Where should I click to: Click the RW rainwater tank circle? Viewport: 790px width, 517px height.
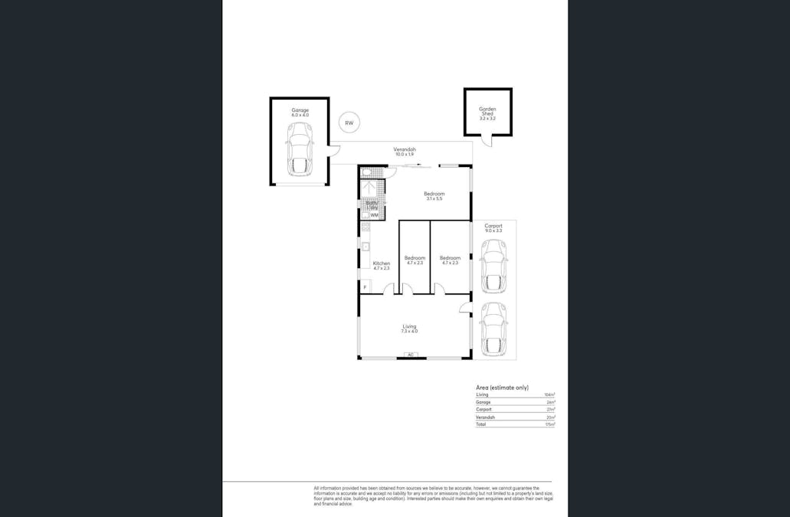click(349, 123)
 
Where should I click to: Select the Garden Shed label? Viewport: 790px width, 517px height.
click(487, 112)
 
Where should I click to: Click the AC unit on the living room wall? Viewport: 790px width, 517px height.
click(410, 355)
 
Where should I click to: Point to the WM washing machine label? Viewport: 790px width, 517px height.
click(374, 215)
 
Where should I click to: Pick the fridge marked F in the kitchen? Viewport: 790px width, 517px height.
click(365, 286)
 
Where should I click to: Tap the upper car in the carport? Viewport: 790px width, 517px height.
click(493, 265)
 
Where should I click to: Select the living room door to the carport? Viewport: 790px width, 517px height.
click(465, 306)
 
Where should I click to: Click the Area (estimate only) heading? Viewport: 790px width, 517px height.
click(502, 388)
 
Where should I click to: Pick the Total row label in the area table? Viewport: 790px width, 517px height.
click(480, 424)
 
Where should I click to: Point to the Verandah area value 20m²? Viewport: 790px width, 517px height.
click(550, 417)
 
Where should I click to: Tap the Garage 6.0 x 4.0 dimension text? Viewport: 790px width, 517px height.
click(300, 115)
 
